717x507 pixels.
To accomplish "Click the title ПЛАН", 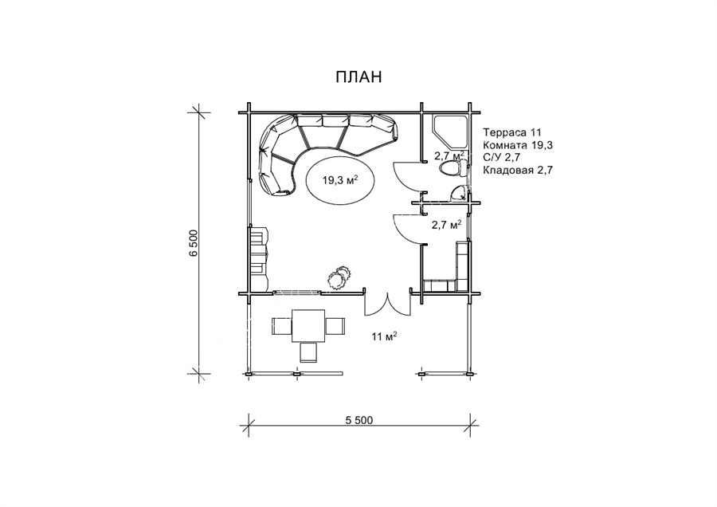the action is coord(358,77).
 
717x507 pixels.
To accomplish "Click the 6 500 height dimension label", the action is coord(194,243).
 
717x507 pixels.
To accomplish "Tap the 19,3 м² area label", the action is coord(340,180).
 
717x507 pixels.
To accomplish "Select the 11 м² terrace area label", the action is coord(384,337).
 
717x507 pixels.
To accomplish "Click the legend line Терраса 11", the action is coord(512,132).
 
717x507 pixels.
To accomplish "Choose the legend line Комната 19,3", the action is coord(518,145).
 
